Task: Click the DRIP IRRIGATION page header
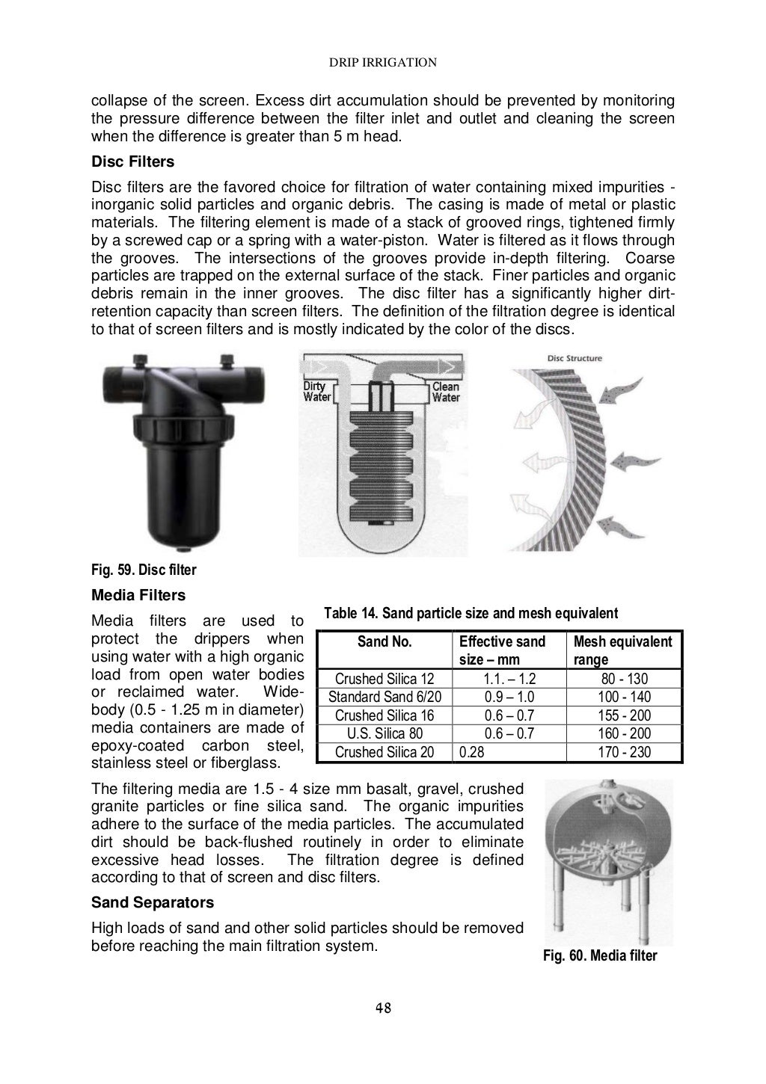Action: [x=383, y=63]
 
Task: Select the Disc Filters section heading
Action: [x=132, y=161]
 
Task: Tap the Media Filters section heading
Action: [x=138, y=596]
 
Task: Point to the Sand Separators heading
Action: [x=152, y=902]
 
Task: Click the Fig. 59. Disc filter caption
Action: [x=144, y=570]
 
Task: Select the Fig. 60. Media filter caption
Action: [x=600, y=955]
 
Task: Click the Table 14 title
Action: [x=471, y=614]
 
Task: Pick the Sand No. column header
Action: [x=384, y=641]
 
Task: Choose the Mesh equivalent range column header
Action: [x=622, y=650]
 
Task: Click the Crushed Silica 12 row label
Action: [x=384, y=679]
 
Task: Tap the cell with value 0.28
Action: [x=472, y=752]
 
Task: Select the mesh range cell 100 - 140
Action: [x=624, y=697]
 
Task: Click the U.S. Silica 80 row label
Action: [x=384, y=733]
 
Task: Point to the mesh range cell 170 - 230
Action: [x=624, y=752]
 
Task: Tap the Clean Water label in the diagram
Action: [x=446, y=392]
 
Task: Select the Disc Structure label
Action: [x=574, y=358]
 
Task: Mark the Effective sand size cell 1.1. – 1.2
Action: [x=509, y=679]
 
